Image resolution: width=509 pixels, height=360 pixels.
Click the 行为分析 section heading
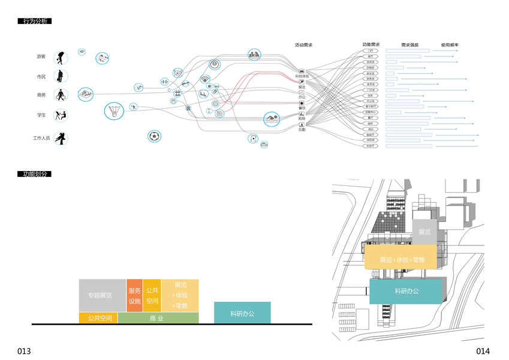point(34,21)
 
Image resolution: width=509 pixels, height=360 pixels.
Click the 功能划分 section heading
point(34,174)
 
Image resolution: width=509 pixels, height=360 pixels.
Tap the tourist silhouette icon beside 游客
point(61,58)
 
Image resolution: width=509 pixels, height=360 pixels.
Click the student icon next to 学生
point(61,116)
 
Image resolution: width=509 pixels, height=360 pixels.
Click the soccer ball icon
point(155,136)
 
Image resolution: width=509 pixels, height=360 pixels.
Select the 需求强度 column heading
point(410,45)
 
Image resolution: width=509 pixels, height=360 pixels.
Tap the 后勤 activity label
point(302,129)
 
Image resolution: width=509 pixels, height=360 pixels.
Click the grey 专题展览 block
point(102,295)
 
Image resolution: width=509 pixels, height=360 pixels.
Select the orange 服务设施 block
point(134,295)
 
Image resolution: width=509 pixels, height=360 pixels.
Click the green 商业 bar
point(158,318)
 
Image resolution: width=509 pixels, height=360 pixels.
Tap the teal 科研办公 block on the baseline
point(242,313)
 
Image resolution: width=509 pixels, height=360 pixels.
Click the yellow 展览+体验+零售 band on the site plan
point(402,260)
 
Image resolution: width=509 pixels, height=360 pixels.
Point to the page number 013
point(24,351)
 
